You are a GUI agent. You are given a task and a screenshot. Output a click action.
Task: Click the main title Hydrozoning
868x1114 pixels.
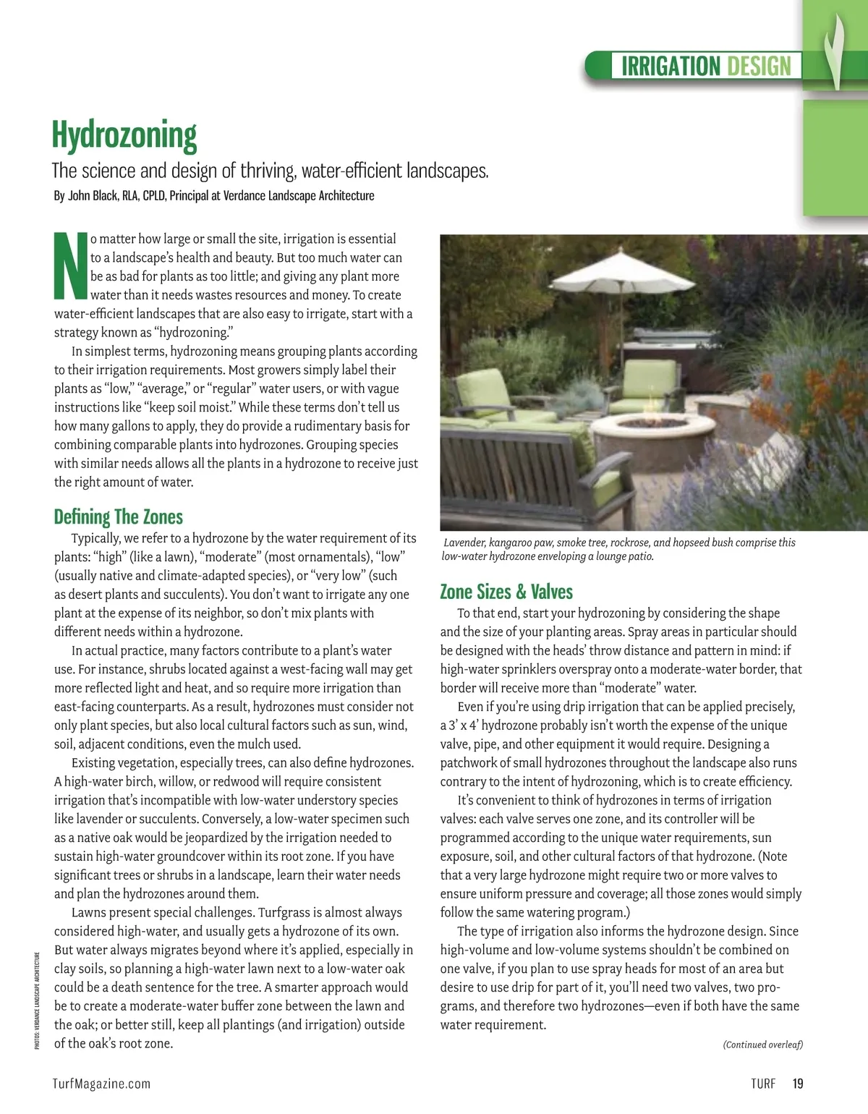(124, 136)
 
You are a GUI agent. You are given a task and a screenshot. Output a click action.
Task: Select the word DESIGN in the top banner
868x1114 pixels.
(759, 67)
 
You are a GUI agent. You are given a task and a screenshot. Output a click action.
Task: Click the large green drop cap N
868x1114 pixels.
(71, 266)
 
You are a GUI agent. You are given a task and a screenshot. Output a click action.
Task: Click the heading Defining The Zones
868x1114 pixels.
(119, 516)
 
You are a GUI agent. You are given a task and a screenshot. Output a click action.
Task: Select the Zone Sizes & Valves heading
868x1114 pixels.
(506, 592)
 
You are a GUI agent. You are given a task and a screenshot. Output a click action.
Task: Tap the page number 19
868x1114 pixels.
(798, 1084)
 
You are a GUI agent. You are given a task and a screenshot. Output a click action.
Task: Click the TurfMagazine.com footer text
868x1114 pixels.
(102, 1084)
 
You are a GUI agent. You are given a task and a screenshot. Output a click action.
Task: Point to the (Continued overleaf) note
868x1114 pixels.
(762, 1045)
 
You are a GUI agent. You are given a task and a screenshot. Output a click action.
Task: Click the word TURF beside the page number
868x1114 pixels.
(763, 1084)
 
